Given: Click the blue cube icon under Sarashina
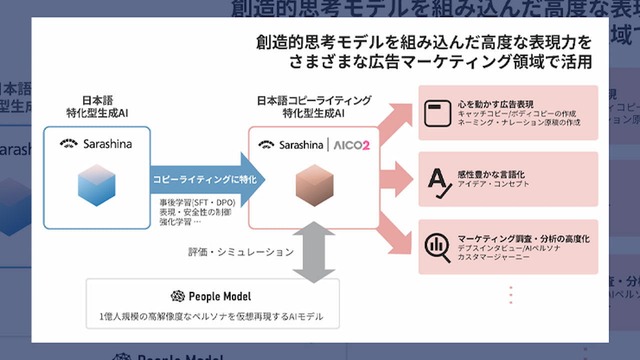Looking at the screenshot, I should [96, 185].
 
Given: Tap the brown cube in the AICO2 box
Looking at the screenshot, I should [314, 185].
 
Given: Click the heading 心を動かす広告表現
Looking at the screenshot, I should [495, 104].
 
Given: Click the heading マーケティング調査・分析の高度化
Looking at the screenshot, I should [523, 238].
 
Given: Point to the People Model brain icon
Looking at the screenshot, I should [177, 296].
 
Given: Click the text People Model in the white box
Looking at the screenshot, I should [219, 296].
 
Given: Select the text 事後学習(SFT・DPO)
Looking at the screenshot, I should [197, 202].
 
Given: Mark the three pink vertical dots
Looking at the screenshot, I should [510, 295].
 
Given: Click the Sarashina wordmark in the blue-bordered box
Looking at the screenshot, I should [107, 144].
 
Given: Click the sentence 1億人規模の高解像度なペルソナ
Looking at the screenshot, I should [211, 316].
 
